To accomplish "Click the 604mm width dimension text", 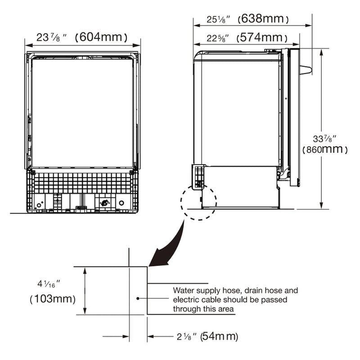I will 101,37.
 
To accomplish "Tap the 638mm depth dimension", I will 263,19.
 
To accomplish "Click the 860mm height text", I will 325,149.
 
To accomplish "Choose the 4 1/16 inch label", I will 49,284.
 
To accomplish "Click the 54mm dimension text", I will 219,336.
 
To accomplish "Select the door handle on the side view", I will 305,70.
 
